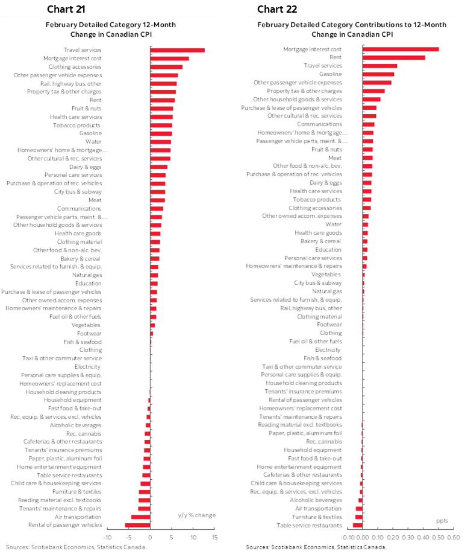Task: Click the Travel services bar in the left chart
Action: [177, 50]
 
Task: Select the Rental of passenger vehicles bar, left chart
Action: [137, 525]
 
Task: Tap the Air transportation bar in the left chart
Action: [140, 517]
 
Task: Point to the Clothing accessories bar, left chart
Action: [166, 67]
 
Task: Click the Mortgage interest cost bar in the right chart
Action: [401, 49]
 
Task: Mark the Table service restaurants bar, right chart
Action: [358, 525]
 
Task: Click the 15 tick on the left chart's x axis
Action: [214, 537]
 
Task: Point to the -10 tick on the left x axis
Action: [107, 537]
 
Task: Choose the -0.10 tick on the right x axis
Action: [348, 537]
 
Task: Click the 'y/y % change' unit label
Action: [196, 515]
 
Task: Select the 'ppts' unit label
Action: [442, 520]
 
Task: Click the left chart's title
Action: [111, 29]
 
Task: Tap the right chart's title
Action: [352, 29]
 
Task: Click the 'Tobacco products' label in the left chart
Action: [77, 125]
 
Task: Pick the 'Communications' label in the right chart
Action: [319, 124]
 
